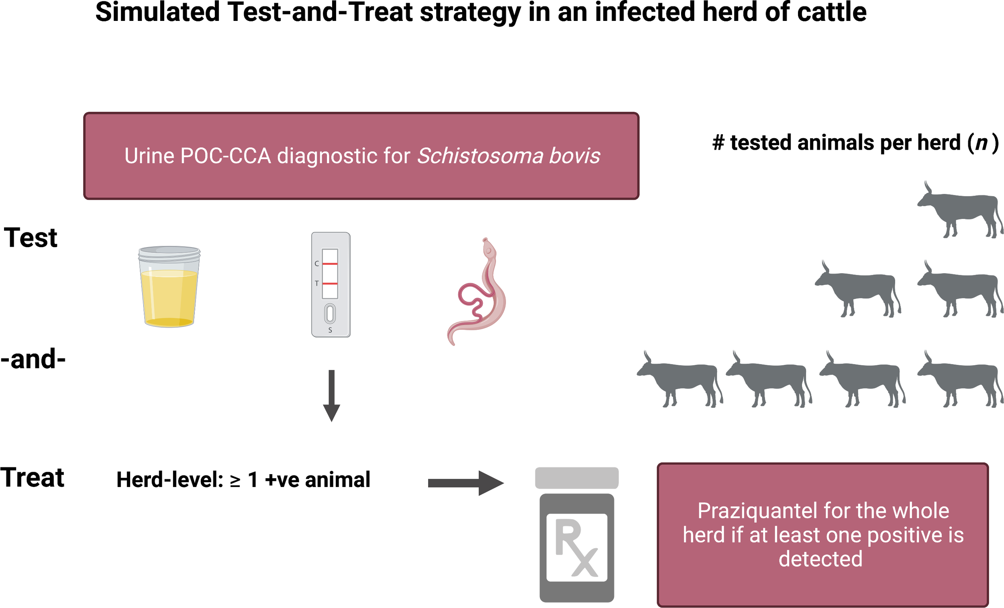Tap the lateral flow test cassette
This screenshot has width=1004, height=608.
331,285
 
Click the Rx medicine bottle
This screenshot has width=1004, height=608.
577,534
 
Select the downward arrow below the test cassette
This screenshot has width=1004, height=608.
332,395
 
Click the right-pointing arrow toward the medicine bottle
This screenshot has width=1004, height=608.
466,483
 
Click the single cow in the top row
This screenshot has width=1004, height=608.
959,210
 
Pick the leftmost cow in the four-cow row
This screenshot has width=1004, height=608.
679,379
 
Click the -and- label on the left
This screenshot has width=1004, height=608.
33,359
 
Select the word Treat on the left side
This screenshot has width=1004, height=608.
32,477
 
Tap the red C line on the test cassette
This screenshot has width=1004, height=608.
330,264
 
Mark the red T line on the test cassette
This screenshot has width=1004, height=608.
330,283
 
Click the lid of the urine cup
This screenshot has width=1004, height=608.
169,253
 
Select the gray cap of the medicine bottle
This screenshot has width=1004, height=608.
577,478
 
